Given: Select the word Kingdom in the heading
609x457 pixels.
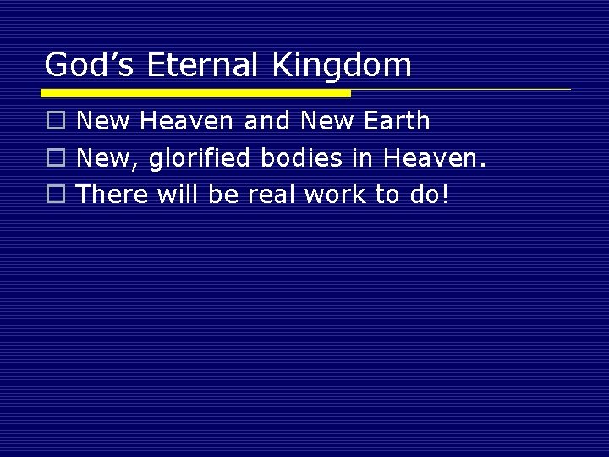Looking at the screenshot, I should pyautogui.click(x=343, y=65).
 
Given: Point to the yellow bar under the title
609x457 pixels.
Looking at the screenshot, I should pyautogui.click(x=197, y=92).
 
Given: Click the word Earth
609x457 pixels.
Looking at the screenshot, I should pyautogui.click(x=398, y=122).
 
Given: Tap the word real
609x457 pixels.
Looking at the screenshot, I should pyautogui.click(x=272, y=194).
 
